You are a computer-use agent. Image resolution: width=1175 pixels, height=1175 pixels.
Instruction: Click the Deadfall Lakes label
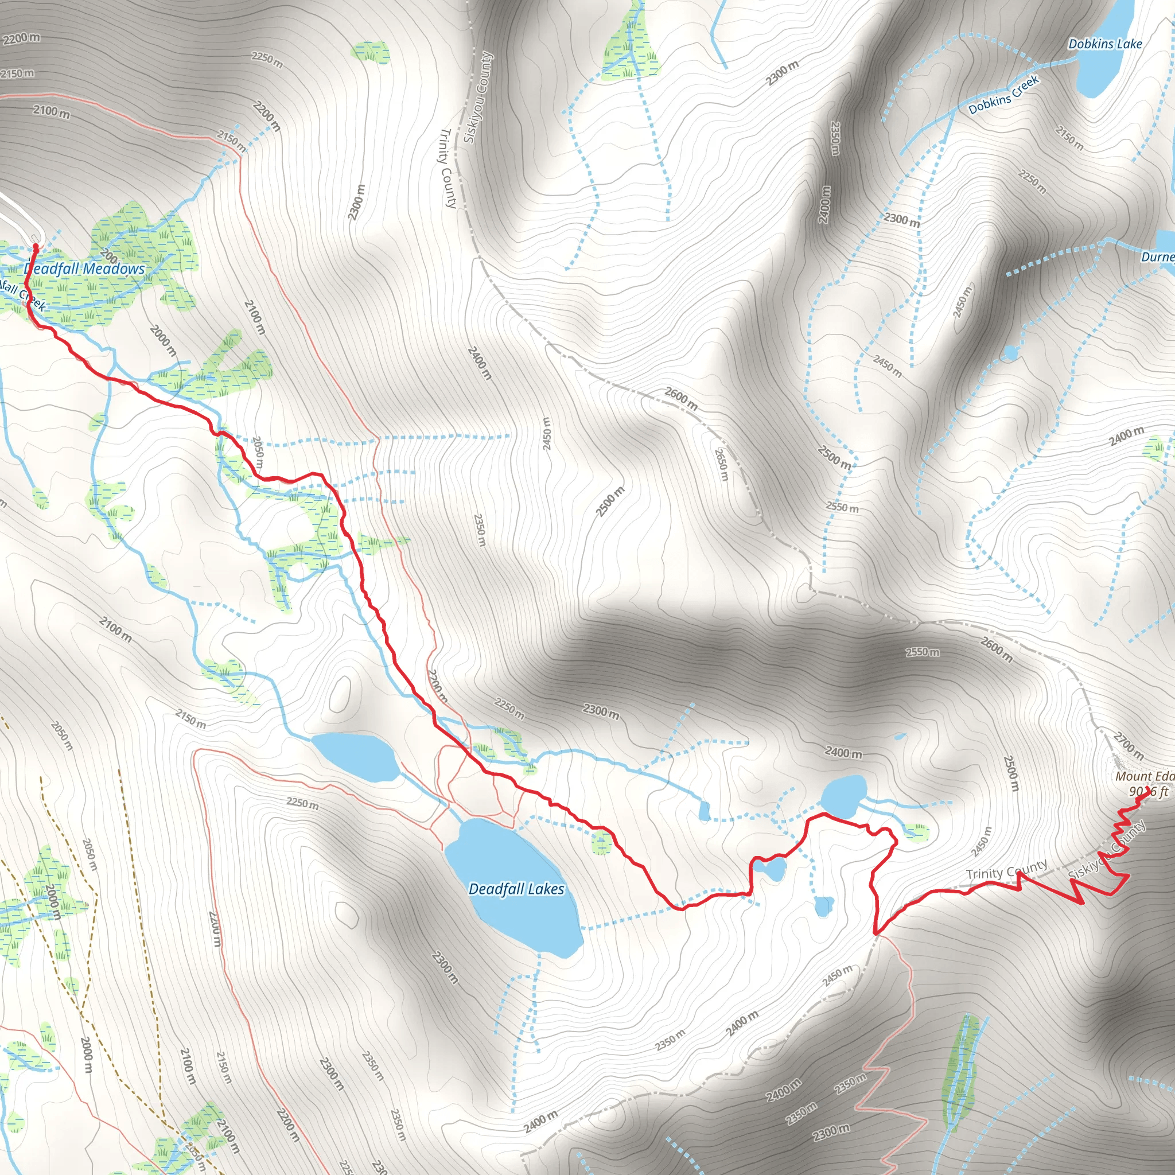click(x=516, y=889)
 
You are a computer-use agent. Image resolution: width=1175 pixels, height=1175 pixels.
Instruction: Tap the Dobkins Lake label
click(x=1105, y=44)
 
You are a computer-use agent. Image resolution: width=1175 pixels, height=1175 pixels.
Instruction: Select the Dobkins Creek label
click(x=1003, y=95)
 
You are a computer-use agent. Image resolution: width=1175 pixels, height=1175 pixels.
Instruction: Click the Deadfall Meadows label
click(x=85, y=269)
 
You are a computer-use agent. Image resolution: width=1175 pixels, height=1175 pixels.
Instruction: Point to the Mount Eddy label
click(x=1143, y=777)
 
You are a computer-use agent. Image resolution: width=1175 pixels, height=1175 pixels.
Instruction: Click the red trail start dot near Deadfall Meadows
click(x=35, y=246)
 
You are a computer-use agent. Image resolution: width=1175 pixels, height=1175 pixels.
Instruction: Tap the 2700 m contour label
click(x=1128, y=746)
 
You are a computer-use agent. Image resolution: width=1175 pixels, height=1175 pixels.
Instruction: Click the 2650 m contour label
click(x=721, y=465)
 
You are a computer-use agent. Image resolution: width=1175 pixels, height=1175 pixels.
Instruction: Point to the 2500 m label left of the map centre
click(x=610, y=502)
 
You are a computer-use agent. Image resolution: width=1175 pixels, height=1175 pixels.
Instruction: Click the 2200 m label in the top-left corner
click(x=21, y=38)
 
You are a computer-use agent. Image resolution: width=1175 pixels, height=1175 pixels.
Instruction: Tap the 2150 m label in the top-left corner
click(x=18, y=73)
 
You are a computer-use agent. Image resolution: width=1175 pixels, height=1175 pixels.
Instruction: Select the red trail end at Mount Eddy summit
click(x=1148, y=790)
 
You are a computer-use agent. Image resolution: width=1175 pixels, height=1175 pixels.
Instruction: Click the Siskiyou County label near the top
click(x=478, y=98)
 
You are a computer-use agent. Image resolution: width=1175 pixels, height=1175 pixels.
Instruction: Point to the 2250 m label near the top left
click(x=267, y=60)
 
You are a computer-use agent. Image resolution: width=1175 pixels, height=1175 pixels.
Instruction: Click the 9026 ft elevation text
click(x=1148, y=792)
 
